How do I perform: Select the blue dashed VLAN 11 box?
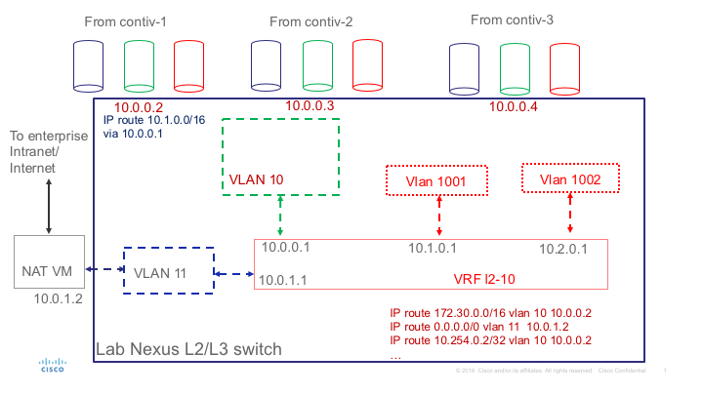[x=168, y=270]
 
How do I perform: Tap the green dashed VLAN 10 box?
[x=280, y=156]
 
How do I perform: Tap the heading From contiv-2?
[x=309, y=20]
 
